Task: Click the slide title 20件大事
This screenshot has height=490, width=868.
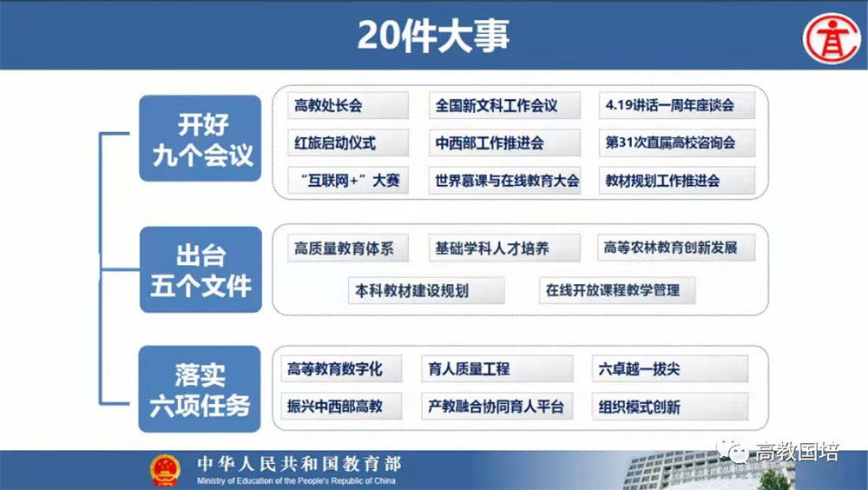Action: pyautogui.click(x=433, y=36)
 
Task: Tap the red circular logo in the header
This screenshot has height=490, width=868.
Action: pyautogui.click(x=832, y=39)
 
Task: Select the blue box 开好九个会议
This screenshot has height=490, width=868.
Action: pyautogui.click(x=200, y=139)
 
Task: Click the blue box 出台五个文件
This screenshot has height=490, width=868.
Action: pyautogui.click(x=201, y=270)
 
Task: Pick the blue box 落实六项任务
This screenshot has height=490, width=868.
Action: pyautogui.click(x=200, y=389)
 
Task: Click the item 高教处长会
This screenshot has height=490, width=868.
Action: pyautogui.click(x=348, y=105)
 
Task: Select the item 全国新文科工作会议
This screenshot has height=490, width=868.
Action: pyautogui.click(x=504, y=105)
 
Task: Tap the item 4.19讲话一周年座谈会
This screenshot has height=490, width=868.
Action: pyautogui.click(x=676, y=105)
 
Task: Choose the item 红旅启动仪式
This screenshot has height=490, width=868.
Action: pyautogui.click(x=348, y=143)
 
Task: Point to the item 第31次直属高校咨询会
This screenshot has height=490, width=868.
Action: pyautogui.click(x=676, y=143)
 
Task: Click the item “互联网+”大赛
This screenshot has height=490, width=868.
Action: pyautogui.click(x=348, y=180)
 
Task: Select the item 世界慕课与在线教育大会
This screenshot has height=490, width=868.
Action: pyautogui.click(x=504, y=180)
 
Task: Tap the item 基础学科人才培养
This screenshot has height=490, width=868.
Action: pyautogui.click(x=504, y=248)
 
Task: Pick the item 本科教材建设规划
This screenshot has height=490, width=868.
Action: pyautogui.click(x=426, y=290)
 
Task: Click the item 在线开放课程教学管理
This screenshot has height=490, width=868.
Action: pyautogui.click(x=617, y=290)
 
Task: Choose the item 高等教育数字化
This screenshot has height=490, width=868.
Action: pyautogui.click(x=341, y=368)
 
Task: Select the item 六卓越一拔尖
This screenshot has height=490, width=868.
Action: pyautogui.click(x=670, y=368)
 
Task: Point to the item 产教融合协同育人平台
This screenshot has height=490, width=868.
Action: pyautogui.click(x=497, y=407)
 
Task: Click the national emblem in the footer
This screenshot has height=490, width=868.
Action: pyautogui.click(x=165, y=471)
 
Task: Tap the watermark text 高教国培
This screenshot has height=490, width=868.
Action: pyautogui.click(x=797, y=453)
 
